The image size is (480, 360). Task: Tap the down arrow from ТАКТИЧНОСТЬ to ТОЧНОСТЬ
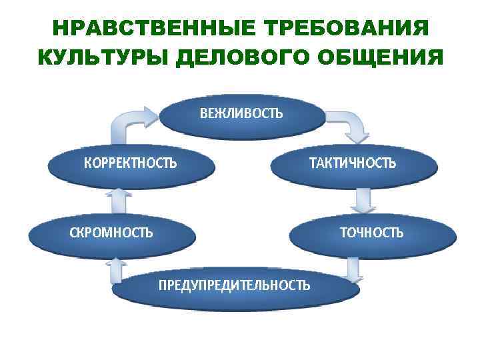pos(363,199)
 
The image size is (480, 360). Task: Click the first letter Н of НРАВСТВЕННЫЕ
pos(59,29)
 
